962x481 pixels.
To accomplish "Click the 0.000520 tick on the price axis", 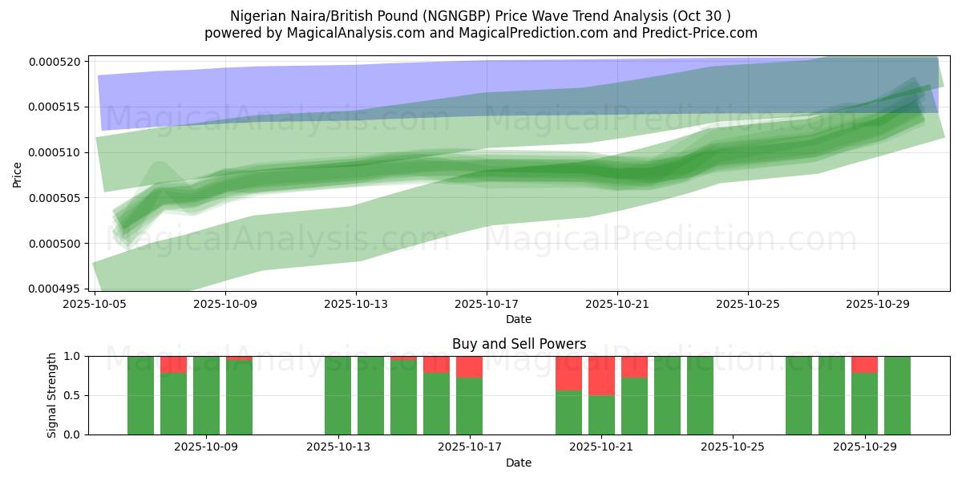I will [59, 62].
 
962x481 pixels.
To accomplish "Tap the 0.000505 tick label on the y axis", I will [59, 198].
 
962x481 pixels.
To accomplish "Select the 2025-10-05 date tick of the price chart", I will [95, 305].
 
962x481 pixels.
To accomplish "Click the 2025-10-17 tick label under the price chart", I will [487, 305].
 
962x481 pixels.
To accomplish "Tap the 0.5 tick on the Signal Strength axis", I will [73, 395].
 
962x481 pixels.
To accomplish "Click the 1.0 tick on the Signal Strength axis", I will [73, 356].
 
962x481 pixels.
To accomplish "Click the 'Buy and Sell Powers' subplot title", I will [519, 344].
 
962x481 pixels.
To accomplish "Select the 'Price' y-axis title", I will [18, 173].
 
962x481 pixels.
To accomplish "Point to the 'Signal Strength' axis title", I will [51, 394].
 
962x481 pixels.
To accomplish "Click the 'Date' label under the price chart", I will [519, 319].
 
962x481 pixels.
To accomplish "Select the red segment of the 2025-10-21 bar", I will [601, 375].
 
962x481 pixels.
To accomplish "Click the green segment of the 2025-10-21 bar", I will [601, 414].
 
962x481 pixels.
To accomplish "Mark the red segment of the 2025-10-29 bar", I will [864, 364].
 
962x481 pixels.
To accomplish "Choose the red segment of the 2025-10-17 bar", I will [469, 366].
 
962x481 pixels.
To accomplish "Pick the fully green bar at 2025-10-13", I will [338, 395].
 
